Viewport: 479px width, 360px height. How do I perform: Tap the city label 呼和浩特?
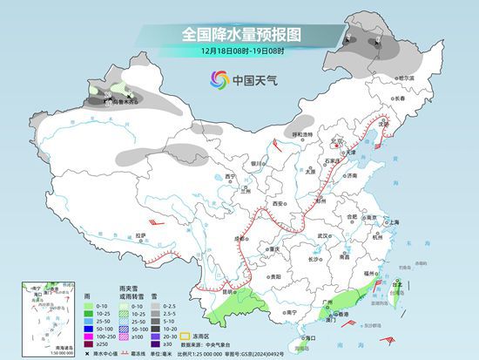click(x=301, y=134)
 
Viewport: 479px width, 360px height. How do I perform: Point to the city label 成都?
click(x=238, y=237)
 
